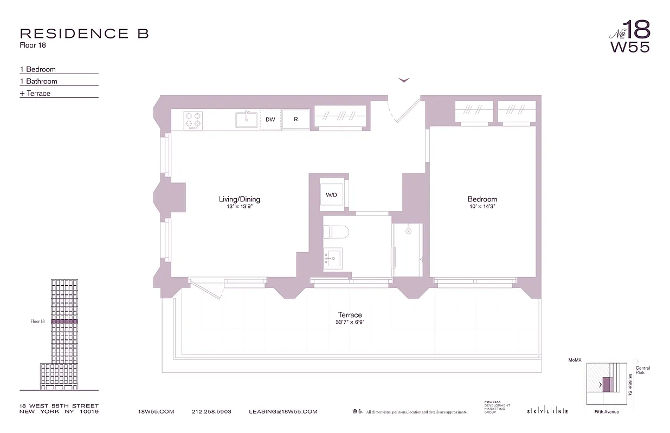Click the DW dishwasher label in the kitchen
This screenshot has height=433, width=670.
(x=270, y=120)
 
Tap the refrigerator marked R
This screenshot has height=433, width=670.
(x=296, y=120)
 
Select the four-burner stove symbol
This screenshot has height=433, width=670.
(x=193, y=119)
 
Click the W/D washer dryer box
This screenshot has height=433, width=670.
(x=331, y=195)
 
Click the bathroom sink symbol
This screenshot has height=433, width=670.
(x=333, y=258)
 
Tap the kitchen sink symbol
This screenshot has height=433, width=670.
(x=247, y=119)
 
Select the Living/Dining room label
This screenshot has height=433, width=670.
(x=240, y=199)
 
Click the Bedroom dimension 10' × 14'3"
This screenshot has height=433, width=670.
(x=482, y=206)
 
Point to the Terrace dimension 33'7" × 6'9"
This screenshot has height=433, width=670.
(x=350, y=322)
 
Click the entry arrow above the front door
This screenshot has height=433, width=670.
(x=404, y=81)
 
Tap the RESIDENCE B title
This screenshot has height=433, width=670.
(x=84, y=34)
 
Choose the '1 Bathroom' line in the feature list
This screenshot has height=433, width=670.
(x=38, y=81)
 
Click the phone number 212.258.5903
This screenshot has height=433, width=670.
(x=211, y=411)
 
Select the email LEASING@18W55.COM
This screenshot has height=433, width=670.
(x=282, y=411)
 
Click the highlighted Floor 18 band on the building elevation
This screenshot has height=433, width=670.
(x=65, y=322)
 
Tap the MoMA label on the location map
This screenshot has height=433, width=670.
(x=574, y=359)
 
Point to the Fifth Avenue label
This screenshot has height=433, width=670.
(x=606, y=412)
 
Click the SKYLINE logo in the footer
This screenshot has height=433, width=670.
(x=547, y=412)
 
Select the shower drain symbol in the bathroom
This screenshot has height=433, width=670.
(x=408, y=231)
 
